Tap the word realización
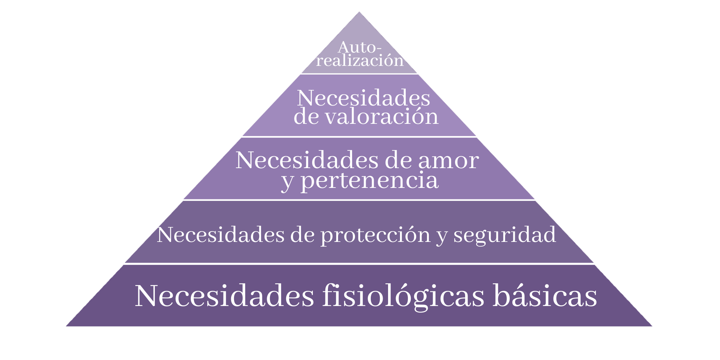click(360, 60)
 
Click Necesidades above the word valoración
click(363, 98)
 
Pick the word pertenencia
click(369, 180)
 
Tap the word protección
click(375, 235)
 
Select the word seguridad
click(505, 235)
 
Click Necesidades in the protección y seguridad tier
click(221, 235)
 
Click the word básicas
click(545, 296)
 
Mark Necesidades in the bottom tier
click(224, 296)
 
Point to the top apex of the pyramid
click(359, 13)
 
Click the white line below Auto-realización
click(359, 74)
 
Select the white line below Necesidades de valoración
click(359, 137)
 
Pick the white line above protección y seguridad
click(359, 200)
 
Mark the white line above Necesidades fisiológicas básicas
click(359, 264)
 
